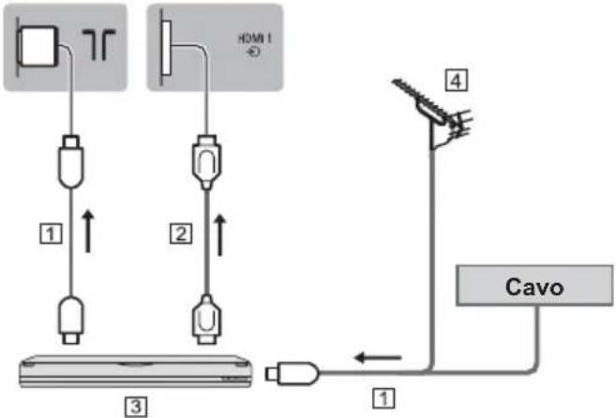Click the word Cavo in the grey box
click(x=534, y=287)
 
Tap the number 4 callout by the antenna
click(x=456, y=81)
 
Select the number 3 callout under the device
click(x=136, y=406)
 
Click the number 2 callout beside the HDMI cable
click(x=181, y=233)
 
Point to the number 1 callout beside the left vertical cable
click(x=51, y=233)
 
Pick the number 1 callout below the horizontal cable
click(x=383, y=398)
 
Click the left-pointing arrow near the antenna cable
click(x=378, y=357)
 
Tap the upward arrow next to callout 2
click(x=220, y=235)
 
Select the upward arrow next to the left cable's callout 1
click(x=88, y=231)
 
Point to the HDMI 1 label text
click(x=255, y=45)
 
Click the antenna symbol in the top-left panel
click(x=98, y=44)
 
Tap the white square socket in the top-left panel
click(x=38, y=46)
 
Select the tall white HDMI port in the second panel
click(x=167, y=48)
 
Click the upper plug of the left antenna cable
click(x=71, y=161)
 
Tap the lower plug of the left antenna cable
click(x=71, y=321)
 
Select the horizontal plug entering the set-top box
click(x=292, y=373)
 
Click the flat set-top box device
click(x=136, y=371)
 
